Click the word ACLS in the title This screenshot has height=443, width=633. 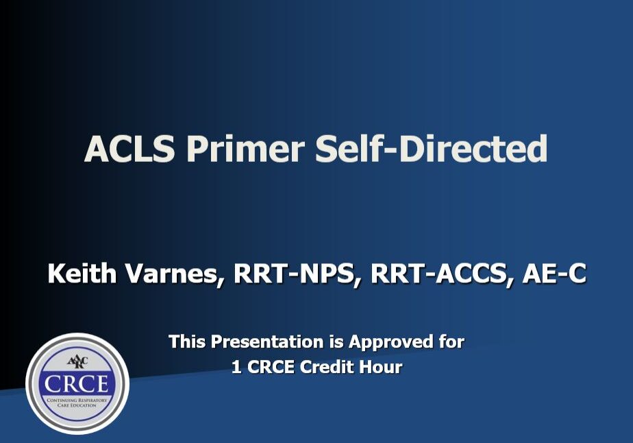tap(129, 148)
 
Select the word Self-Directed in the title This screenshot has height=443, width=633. tap(431, 148)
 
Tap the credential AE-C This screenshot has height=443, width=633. tap(554, 274)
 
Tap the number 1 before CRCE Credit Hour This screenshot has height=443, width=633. tap(236, 367)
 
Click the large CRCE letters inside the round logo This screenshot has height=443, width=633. tap(77, 382)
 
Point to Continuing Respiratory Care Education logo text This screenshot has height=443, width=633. tap(77, 402)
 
